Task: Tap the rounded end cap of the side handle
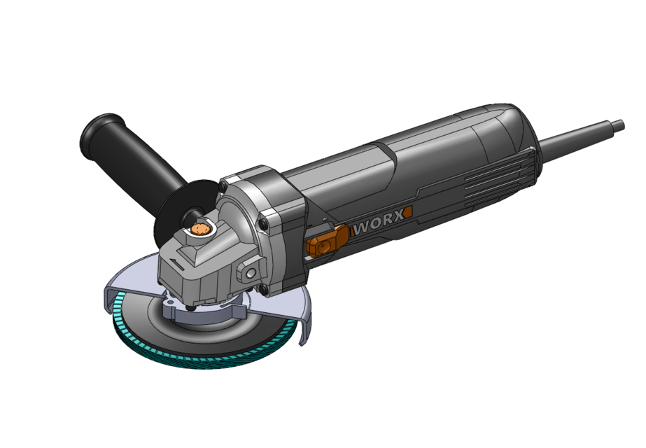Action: tap(91, 130)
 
